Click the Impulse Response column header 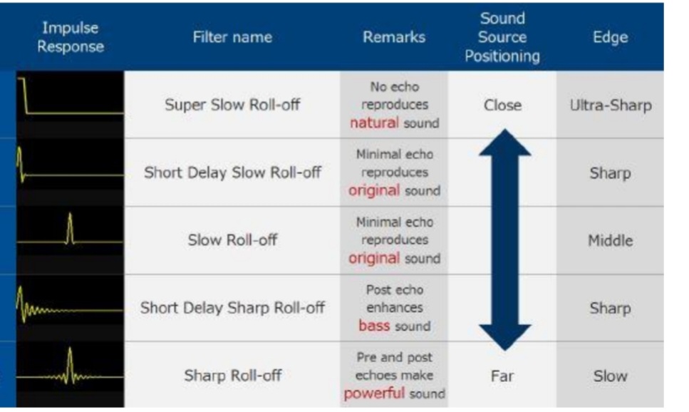(71, 37)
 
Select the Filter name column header (232, 37)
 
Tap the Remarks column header (394, 37)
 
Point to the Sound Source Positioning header (502, 37)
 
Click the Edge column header (610, 37)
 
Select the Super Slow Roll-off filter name (232, 105)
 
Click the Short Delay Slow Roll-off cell (232, 172)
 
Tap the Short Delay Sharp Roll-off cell (232, 308)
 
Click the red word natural (374, 123)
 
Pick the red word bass (374, 326)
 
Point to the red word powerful (374, 393)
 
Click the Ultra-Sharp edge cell (611, 105)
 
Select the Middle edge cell (611, 240)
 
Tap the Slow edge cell (611, 376)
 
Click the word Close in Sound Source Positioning (503, 105)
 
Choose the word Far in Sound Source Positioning (502, 376)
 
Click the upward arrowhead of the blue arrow (505, 142)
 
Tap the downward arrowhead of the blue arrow (505, 339)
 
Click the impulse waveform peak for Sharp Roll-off (70, 349)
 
